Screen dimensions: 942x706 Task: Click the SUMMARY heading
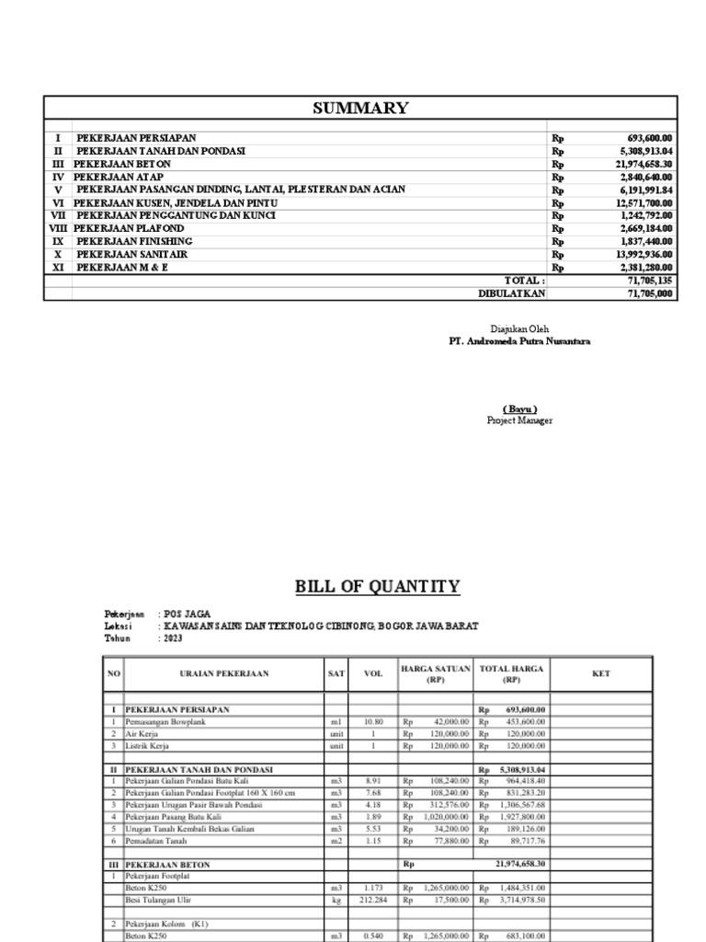click(x=360, y=109)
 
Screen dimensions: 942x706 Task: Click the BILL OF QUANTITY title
click(x=377, y=587)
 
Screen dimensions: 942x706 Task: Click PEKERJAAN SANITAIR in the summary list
click(x=137, y=254)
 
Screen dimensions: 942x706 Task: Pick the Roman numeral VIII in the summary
click(x=59, y=228)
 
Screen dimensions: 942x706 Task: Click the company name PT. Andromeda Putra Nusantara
click(x=519, y=341)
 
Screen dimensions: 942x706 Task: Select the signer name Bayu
click(x=519, y=408)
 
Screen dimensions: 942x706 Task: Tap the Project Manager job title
click(x=519, y=420)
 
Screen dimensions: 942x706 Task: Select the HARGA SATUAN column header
click(x=435, y=673)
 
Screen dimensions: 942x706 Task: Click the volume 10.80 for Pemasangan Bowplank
click(x=373, y=723)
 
